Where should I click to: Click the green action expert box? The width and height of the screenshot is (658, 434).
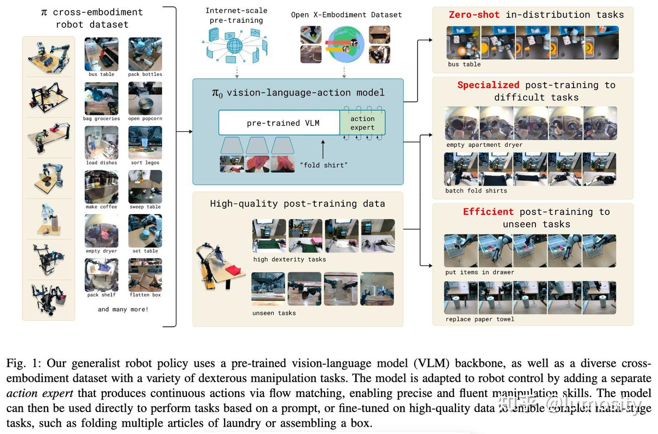tap(362, 123)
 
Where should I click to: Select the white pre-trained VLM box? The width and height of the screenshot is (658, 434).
tap(279, 123)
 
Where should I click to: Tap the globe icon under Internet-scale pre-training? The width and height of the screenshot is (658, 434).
tap(234, 46)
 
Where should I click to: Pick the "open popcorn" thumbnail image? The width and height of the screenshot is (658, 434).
tap(145, 99)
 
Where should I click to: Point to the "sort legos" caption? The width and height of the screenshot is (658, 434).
tap(145, 162)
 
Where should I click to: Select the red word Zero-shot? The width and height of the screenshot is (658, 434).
tap(474, 15)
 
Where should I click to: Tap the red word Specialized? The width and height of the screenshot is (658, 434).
tap(488, 85)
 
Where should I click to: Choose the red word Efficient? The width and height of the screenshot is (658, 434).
tap(488, 212)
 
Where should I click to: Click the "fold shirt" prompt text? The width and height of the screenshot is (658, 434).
tap(324, 165)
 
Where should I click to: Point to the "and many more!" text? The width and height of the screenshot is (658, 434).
tap(123, 309)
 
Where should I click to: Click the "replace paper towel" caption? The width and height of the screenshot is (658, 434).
tap(480, 319)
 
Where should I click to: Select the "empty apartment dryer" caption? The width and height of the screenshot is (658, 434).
tap(484, 145)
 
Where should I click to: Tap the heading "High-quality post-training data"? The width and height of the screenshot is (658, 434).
tap(297, 204)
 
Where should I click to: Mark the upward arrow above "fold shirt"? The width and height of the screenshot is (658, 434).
tap(323, 149)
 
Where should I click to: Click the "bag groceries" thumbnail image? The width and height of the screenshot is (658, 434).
tap(101, 99)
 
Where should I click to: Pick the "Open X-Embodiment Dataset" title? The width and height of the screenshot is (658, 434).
tap(346, 15)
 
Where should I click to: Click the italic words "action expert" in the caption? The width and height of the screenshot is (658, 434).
tap(40, 393)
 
